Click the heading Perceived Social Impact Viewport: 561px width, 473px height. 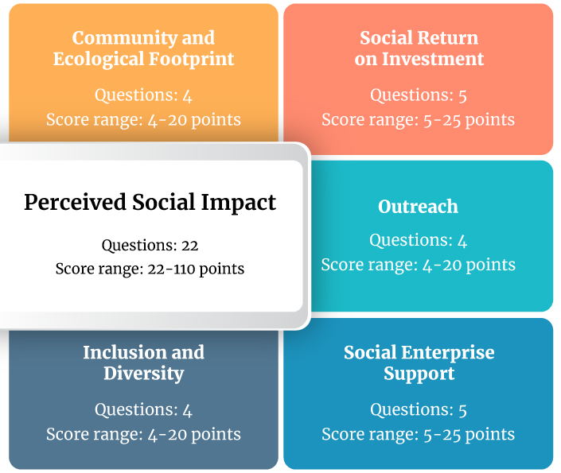150,203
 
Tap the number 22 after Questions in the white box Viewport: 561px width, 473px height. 189,246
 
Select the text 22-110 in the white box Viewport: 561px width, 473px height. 171,269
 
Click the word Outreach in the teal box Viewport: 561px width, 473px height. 418,207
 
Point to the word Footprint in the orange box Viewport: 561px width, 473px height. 191,60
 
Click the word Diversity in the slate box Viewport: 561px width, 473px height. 144,374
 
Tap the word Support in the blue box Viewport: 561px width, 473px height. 419,374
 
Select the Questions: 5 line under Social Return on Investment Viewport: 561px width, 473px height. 419,95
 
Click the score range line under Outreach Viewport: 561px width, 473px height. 419,265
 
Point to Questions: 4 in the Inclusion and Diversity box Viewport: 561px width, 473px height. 143,410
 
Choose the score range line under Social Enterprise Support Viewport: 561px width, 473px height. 419,434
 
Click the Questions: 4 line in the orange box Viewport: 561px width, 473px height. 143,95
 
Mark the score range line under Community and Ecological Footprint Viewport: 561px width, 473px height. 143,120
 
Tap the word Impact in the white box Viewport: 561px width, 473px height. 238,203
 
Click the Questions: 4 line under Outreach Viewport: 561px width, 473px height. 419,240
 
